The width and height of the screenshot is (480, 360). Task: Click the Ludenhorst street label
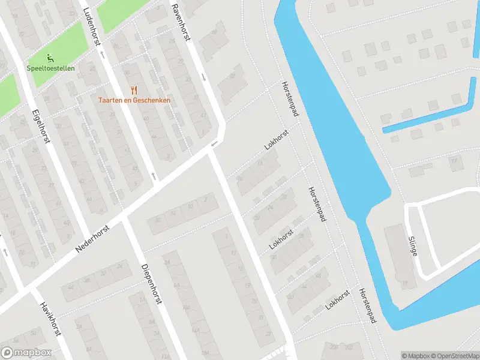pos(94,26)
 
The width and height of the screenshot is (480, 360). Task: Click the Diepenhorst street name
pos(152,283)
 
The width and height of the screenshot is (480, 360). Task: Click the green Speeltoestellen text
pos(50,68)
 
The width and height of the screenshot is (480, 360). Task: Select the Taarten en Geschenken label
pos(134,100)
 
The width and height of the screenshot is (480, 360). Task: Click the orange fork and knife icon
pos(134,91)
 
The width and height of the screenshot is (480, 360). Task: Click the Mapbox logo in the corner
pos(26,352)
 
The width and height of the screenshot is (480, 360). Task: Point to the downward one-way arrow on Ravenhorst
pos(204,77)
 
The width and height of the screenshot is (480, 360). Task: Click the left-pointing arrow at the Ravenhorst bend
pos(214,144)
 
